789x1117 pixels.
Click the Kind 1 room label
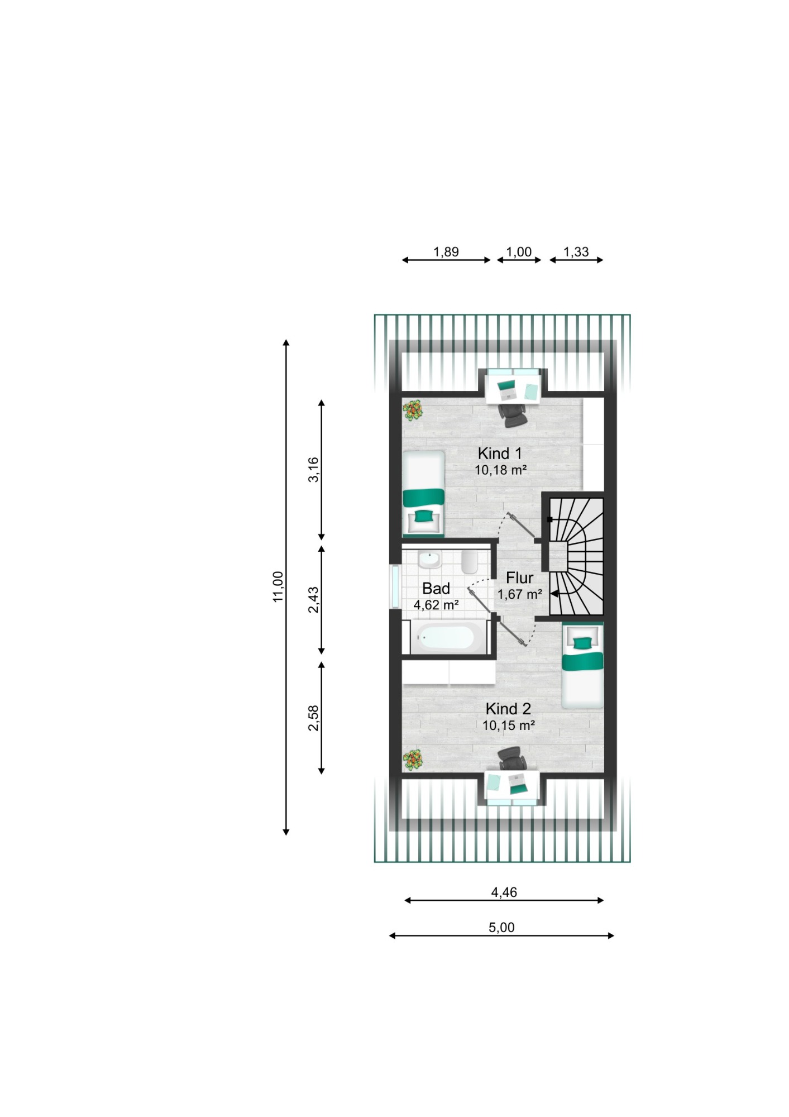500,453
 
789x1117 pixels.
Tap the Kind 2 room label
508,709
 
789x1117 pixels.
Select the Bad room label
436,589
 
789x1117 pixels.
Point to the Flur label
519,577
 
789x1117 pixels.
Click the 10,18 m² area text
501,470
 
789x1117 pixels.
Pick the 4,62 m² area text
436,605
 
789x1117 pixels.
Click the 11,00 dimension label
278,586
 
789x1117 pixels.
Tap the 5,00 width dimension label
501,928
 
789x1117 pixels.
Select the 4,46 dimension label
504,892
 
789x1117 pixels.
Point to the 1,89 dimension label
446,252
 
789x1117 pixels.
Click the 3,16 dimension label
314,470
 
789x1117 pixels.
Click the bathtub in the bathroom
446,637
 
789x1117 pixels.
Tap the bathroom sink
430,559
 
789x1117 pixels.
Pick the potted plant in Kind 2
413,759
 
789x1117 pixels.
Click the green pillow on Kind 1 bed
423,515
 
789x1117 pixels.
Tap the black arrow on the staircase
554,594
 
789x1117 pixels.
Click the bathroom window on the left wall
395,587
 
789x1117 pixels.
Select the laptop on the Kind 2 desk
518,785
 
